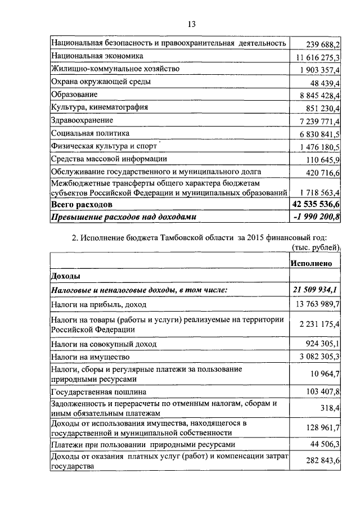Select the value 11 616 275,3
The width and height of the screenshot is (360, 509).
tap(318, 57)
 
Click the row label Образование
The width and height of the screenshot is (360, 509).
tap(74, 94)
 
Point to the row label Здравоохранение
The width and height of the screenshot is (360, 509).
tap(82, 120)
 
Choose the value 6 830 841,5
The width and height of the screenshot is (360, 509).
tap(320, 134)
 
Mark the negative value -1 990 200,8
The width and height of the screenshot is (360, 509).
tap(317, 216)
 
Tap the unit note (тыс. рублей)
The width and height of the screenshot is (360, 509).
tap(315, 247)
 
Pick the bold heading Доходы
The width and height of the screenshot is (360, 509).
tap(65, 276)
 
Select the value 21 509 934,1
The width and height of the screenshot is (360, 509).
tap(317, 290)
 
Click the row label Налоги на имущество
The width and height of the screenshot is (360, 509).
tap(91, 357)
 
